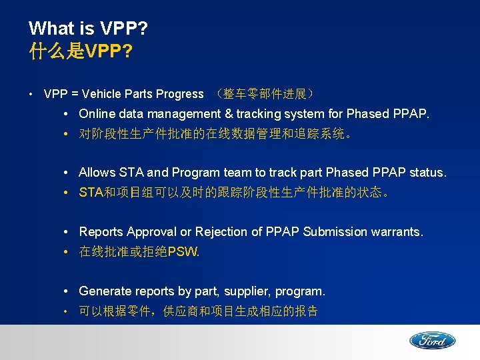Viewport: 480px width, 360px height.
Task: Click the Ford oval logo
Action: (x=432, y=341)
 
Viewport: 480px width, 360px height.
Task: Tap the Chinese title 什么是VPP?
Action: (x=80, y=52)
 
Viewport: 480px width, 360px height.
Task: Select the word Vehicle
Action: (x=104, y=94)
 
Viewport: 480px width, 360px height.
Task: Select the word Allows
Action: (x=97, y=173)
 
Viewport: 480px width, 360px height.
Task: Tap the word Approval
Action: (x=151, y=232)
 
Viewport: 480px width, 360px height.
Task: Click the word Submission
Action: (x=335, y=232)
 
